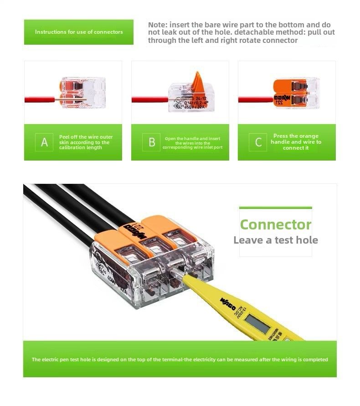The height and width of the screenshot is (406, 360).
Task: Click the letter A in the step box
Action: click(44, 142)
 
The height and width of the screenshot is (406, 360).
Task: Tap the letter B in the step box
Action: click(152, 142)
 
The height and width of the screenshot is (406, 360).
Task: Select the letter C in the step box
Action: click(258, 142)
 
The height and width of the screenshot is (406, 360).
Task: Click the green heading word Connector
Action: click(275, 224)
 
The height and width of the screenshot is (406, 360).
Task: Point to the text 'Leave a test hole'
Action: click(275, 240)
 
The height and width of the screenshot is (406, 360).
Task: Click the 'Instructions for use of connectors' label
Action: click(79, 32)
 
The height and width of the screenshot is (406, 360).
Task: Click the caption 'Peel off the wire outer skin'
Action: click(86, 142)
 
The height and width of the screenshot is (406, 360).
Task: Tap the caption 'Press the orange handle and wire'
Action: click(296, 142)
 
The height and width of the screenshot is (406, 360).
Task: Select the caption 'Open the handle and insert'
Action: click(192, 143)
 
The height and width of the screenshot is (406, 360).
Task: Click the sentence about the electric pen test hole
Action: click(180, 359)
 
